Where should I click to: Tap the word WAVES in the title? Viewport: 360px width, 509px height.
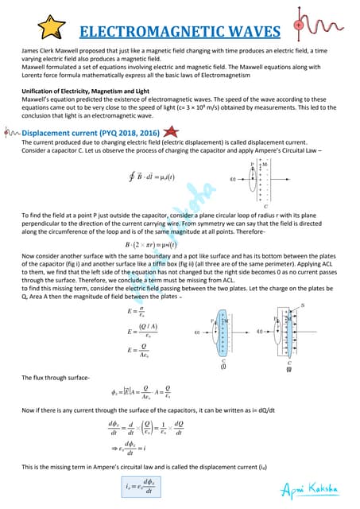click(x=250, y=32)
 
